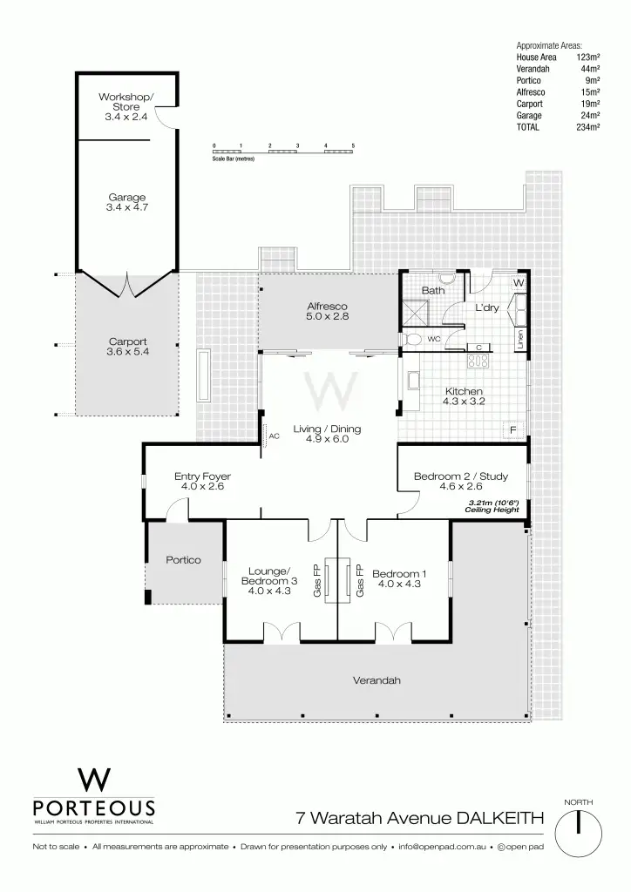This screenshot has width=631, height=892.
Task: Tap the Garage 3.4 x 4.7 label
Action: pos(126,202)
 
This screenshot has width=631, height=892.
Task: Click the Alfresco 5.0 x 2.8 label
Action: pos(327,312)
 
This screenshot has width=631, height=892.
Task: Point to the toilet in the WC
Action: pos(413,338)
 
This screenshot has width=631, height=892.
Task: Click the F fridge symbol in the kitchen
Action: pos(513,430)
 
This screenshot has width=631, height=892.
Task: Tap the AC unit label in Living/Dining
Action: pos(274,436)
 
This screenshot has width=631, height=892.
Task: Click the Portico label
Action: pos(184,559)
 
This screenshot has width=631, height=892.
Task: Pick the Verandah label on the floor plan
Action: pos(377,680)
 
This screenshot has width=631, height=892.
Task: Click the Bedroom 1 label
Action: pos(399,579)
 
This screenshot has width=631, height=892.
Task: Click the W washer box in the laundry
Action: pos(519,283)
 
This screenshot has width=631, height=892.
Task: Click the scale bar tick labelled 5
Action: pos(353,145)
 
